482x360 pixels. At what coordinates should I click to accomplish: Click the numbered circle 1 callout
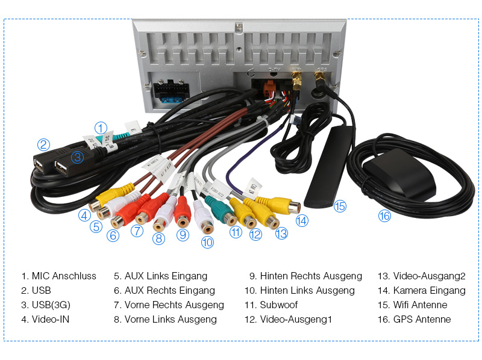coord(101,128)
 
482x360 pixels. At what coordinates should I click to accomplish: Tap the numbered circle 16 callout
coord(384,216)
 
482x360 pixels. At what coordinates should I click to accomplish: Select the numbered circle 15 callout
coord(340,206)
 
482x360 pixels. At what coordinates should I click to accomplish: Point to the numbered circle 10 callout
coord(207,242)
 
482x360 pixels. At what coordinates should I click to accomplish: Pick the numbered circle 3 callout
coord(77,158)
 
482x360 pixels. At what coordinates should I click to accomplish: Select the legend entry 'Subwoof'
coord(279,305)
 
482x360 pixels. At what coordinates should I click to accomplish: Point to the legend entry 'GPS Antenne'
coord(422,320)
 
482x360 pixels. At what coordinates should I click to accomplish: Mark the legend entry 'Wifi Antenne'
coord(420,305)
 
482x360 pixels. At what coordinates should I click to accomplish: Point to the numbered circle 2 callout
coord(43,144)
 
